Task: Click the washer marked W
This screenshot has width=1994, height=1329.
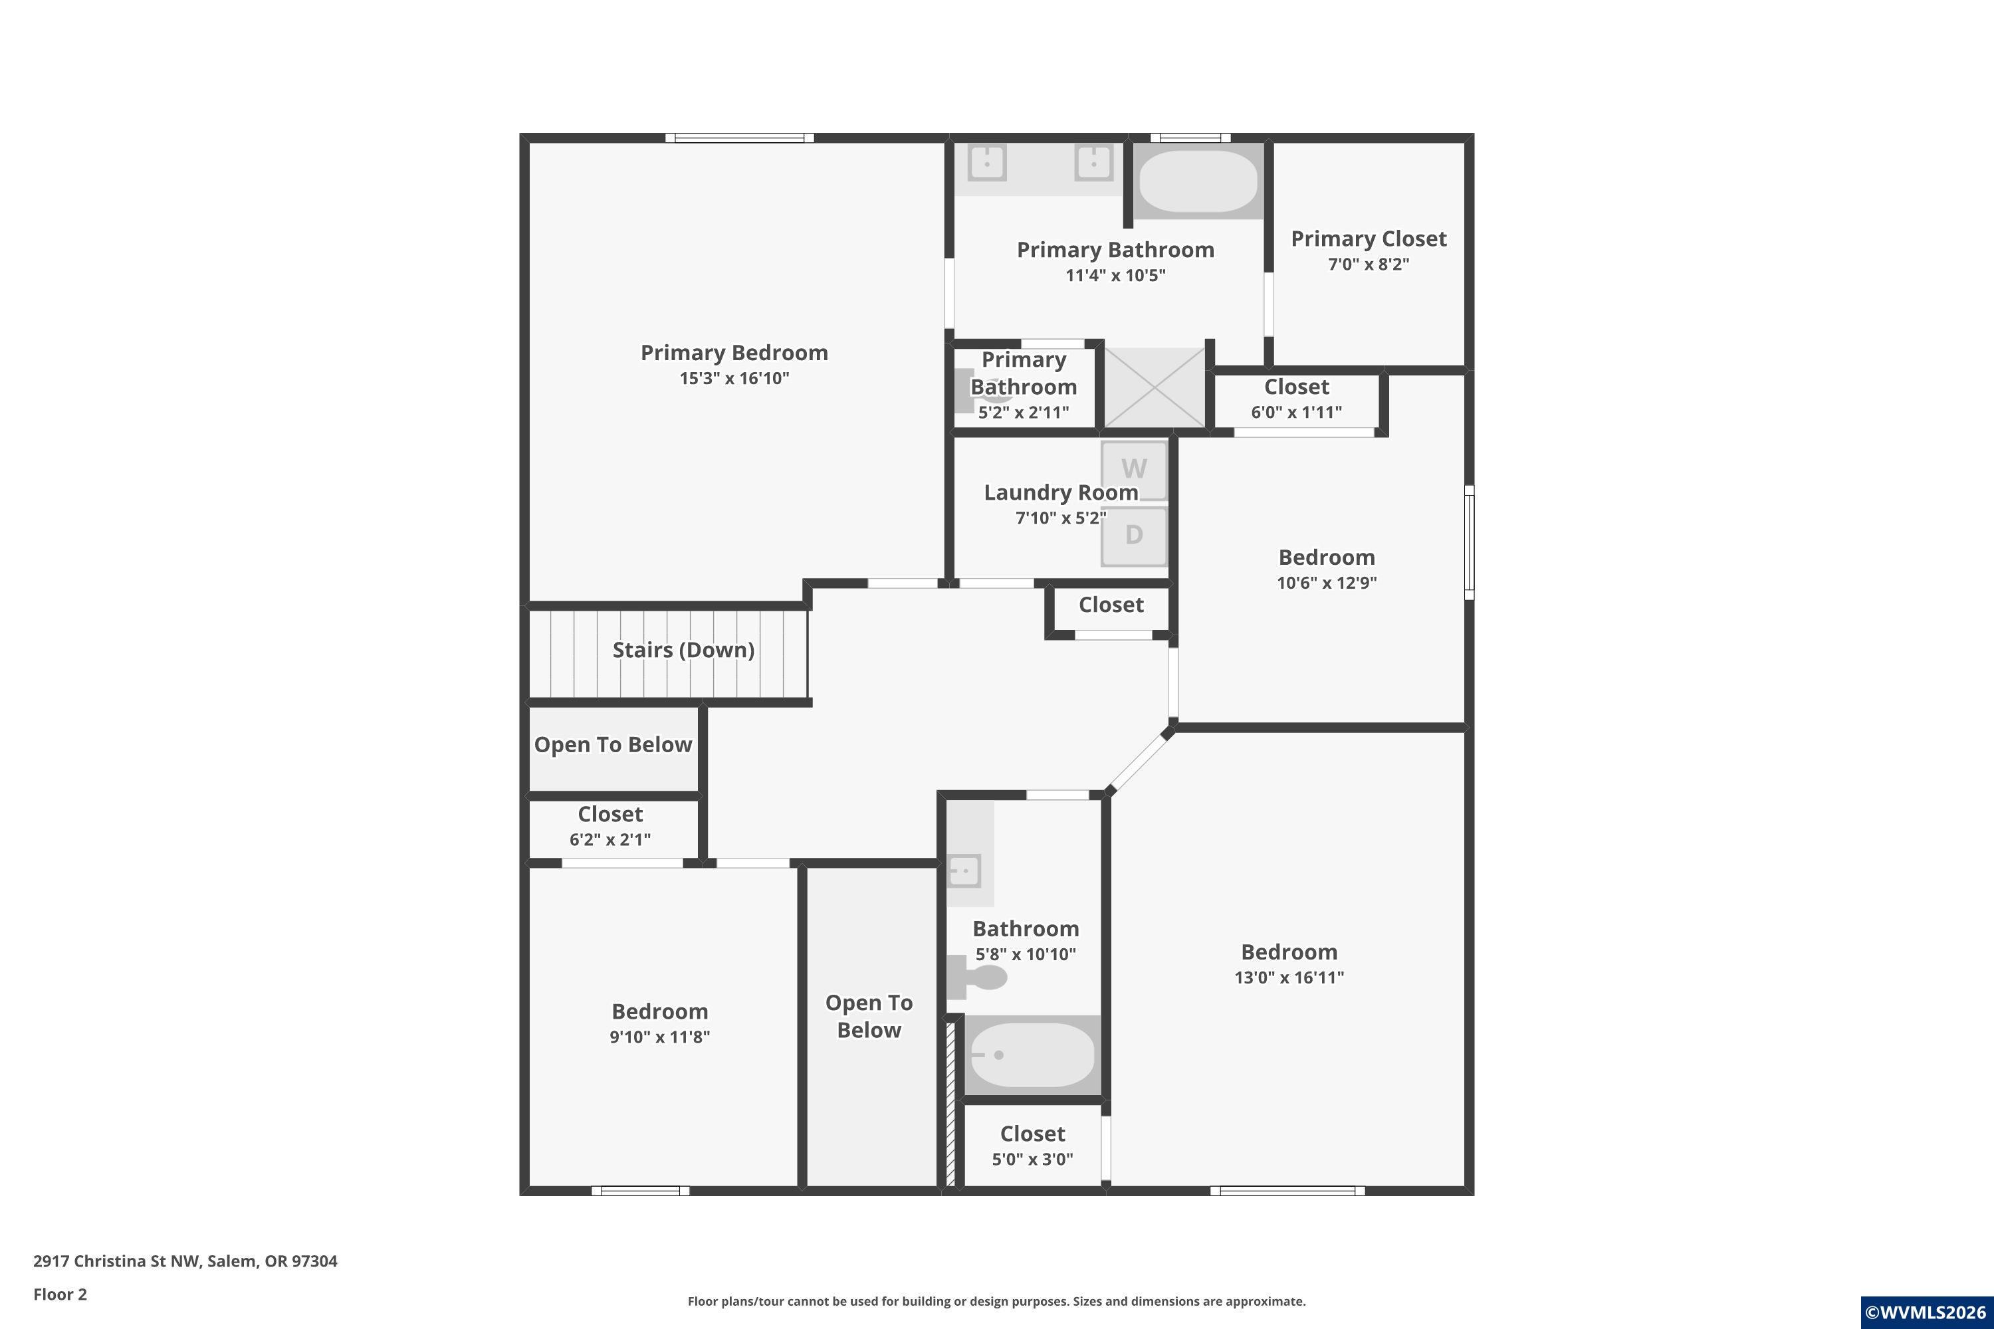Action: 1135,470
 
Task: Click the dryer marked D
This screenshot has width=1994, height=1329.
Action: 1135,536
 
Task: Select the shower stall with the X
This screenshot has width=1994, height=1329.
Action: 1154,387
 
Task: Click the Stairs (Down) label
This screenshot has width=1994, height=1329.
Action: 683,650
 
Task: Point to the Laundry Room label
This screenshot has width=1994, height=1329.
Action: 1061,492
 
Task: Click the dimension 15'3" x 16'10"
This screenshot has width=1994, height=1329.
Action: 734,378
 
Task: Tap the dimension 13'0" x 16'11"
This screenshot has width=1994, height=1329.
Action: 1289,977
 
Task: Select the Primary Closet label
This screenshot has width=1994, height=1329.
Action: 1369,239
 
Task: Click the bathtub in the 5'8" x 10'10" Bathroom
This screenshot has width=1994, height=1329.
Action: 1032,1055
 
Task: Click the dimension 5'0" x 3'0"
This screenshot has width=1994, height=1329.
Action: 1033,1159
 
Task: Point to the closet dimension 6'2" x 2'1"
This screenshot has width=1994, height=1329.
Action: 610,839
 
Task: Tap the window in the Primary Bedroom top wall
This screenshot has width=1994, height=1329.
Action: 739,138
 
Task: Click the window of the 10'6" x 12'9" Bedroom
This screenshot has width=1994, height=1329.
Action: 1469,542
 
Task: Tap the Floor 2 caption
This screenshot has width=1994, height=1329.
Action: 60,1294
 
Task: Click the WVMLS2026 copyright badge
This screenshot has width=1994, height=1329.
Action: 1927,1312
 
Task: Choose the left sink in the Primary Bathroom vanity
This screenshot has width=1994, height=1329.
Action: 987,163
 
